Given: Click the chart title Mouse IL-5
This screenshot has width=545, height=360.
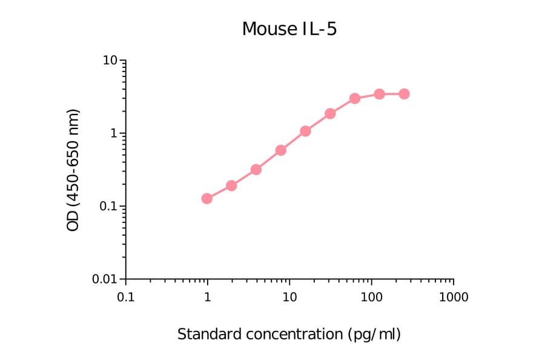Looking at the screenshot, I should pyautogui.click(x=289, y=28).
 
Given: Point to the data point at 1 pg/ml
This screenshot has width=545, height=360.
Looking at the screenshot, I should pyautogui.click(x=207, y=199).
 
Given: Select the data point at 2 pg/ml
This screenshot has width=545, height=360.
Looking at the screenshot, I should pyautogui.click(x=231, y=185).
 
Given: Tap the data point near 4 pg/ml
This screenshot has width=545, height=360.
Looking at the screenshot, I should pyautogui.click(x=256, y=170).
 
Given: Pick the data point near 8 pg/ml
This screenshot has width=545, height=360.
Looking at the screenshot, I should pyautogui.click(x=281, y=150).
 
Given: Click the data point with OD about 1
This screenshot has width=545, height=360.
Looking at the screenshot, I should pyautogui.click(x=305, y=131).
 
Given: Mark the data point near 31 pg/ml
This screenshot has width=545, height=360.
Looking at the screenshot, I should pyautogui.click(x=330, y=113).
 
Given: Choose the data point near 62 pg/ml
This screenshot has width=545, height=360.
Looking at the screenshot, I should pyautogui.click(x=355, y=98).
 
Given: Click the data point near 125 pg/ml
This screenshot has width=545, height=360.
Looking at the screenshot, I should pyautogui.click(x=379, y=94).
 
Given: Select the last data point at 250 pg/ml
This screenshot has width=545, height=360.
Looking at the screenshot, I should pyautogui.click(x=404, y=94).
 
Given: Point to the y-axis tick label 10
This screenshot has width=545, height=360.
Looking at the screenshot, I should pyautogui.click(x=110, y=61).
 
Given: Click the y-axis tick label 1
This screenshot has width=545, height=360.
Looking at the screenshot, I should pyautogui.click(x=113, y=133).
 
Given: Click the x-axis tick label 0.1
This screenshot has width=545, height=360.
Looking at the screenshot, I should pyautogui.click(x=125, y=298).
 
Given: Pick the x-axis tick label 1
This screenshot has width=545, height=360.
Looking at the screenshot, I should pyautogui.click(x=208, y=298).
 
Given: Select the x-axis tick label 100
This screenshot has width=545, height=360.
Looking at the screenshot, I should pyautogui.click(x=371, y=298).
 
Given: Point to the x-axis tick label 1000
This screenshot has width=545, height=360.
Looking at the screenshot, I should pyautogui.click(x=453, y=298).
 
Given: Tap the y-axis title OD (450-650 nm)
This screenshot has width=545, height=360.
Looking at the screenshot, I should pyautogui.click(x=73, y=170).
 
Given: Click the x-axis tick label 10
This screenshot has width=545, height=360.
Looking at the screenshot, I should pyautogui.click(x=289, y=298).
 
